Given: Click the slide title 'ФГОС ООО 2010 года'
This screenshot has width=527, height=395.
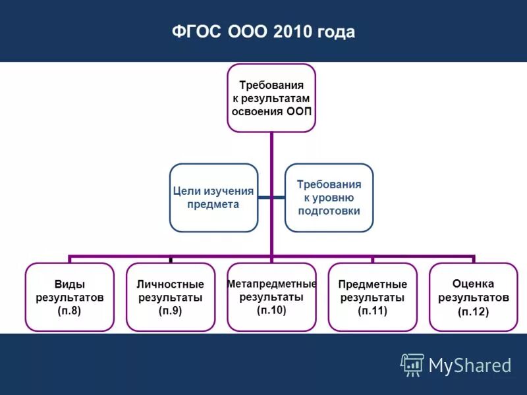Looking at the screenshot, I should pos(263,32).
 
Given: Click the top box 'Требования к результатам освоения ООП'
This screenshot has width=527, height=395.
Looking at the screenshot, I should pos(271,97).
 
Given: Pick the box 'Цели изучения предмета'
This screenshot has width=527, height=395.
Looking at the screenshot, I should pos(213,197).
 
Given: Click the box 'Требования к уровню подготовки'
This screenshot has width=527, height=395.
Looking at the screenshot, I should pos(329,197).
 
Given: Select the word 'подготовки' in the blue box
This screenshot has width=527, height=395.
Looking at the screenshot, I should pos(329,211).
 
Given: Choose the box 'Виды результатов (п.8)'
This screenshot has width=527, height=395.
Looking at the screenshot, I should pos(69,297).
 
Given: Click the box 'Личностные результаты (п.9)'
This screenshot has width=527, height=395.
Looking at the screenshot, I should pos(170,297).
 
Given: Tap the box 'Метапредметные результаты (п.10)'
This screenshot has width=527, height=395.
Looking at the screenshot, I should pos(271,297).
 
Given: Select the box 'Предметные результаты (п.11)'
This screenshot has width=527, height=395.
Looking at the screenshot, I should pos(372,297).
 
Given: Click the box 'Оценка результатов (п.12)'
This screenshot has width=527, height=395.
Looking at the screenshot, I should pos(473,297).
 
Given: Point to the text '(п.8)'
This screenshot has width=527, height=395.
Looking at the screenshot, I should pos(69,311).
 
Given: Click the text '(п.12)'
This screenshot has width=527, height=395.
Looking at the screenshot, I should pos(473,312).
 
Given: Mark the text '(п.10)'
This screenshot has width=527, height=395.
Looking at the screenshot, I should pos(271,310).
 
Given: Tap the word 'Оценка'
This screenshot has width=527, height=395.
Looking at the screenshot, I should pos(473,283).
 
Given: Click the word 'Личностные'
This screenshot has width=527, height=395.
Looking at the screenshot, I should pos(170,284).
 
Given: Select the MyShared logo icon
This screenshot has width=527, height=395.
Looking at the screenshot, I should pos(412,365).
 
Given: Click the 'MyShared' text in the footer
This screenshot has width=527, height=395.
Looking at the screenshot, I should pos(470,365).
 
